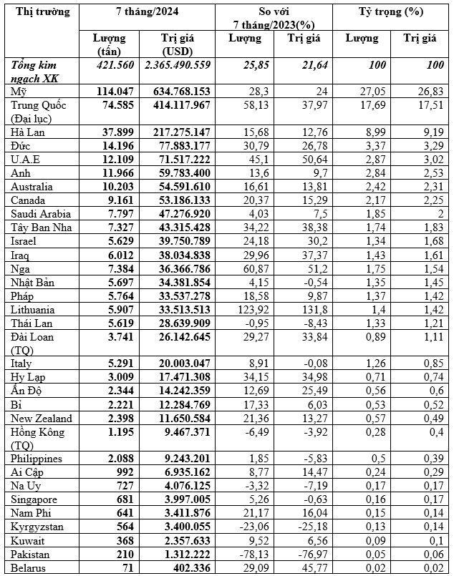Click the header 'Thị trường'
(x=42, y=12)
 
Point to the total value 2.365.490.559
(x=178, y=65)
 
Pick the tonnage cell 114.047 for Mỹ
(x=115, y=92)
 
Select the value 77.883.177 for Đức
(x=182, y=146)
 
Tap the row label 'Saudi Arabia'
(x=40, y=213)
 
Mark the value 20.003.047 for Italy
(x=182, y=363)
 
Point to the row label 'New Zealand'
(x=42, y=418)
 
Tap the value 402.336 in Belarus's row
(x=188, y=568)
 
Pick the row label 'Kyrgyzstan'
(x=39, y=527)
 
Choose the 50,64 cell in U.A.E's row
(x=311, y=160)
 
